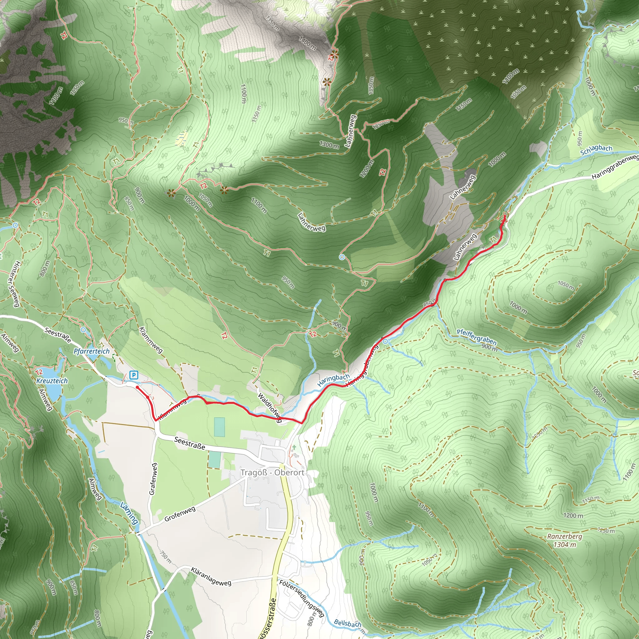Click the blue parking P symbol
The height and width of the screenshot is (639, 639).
click(x=134, y=375)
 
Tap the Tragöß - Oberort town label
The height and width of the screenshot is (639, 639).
click(x=272, y=472)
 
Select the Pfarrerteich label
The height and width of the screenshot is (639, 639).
click(x=91, y=351)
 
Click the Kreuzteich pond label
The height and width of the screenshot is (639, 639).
click(x=52, y=381)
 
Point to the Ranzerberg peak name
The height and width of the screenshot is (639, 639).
click(x=564, y=536)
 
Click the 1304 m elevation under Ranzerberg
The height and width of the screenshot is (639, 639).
click(x=564, y=544)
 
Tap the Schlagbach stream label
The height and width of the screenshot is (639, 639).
click(x=596, y=150)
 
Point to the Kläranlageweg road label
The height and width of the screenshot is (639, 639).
click(x=211, y=576)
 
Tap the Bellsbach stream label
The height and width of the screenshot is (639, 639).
click(x=347, y=623)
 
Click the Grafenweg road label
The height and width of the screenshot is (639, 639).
click(x=153, y=479)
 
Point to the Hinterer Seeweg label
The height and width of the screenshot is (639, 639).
click(x=13, y=283)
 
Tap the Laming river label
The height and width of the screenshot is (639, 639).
click(x=129, y=513)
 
